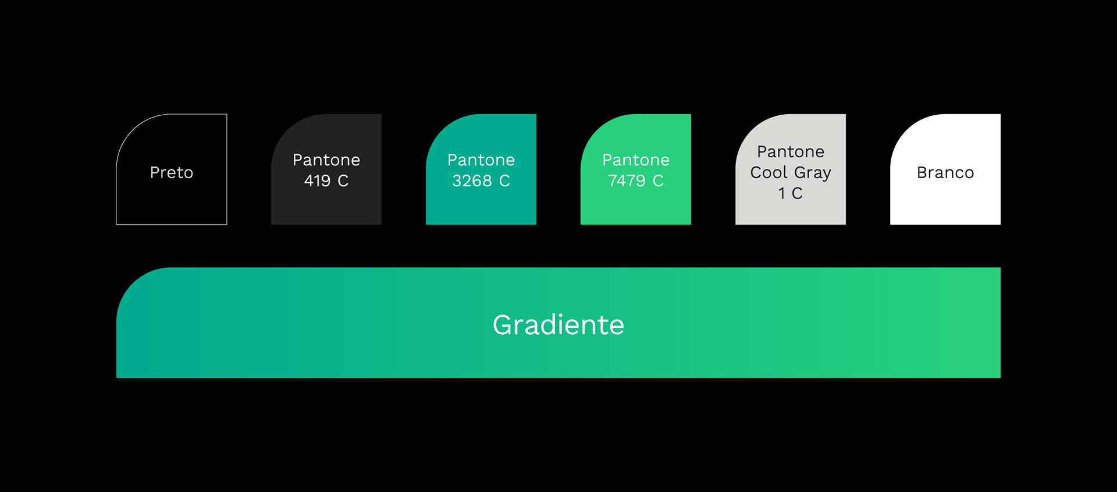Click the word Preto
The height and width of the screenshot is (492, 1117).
click(172, 172)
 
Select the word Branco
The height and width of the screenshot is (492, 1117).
click(945, 172)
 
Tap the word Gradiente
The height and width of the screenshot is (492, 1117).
click(558, 324)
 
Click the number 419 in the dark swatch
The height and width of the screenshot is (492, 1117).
click(317, 180)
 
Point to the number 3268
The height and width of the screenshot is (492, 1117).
click(472, 180)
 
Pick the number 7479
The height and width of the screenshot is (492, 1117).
click(627, 180)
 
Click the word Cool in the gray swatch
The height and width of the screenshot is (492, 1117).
click(769, 172)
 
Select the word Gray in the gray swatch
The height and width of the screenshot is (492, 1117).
click(813, 173)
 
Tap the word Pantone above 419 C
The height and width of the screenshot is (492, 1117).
click(326, 160)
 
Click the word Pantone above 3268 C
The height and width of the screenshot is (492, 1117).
click(481, 160)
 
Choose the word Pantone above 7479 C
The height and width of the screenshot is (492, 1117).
click(636, 160)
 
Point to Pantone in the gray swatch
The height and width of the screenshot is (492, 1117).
click(791, 151)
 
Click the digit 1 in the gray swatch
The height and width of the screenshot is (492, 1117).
click(782, 193)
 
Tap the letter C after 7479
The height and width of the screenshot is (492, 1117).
click(658, 180)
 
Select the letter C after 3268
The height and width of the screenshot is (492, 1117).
click(504, 180)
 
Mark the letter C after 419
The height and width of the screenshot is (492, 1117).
click(343, 180)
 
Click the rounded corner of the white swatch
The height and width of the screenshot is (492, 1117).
click(907, 130)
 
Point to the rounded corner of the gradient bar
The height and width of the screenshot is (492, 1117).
click(133, 285)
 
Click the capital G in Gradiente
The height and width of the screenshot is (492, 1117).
click(503, 324)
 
